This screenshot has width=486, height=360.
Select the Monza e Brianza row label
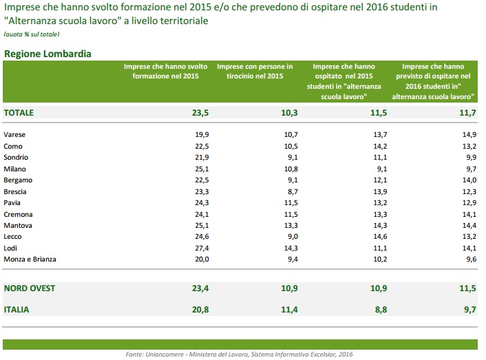tap(30, 259)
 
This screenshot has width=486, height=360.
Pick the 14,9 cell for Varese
tap(469, 135)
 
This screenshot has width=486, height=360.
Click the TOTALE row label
tap(19, 112)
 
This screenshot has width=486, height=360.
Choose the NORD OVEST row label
tap(29, 288)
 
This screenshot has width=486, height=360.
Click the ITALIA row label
tap(17, 310)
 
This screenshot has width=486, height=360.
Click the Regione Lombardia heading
tap(47, 54)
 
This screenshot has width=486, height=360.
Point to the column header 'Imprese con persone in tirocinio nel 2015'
tap(255, 72)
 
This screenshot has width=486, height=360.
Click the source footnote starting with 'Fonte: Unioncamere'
tap(239, 354)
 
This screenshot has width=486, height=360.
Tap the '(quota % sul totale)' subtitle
tap(32, 34)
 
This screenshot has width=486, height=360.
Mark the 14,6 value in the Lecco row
tap(380, 236)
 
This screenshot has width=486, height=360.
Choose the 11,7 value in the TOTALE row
tap(468, 112)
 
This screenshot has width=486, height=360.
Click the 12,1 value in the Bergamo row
tap(380, 180)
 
